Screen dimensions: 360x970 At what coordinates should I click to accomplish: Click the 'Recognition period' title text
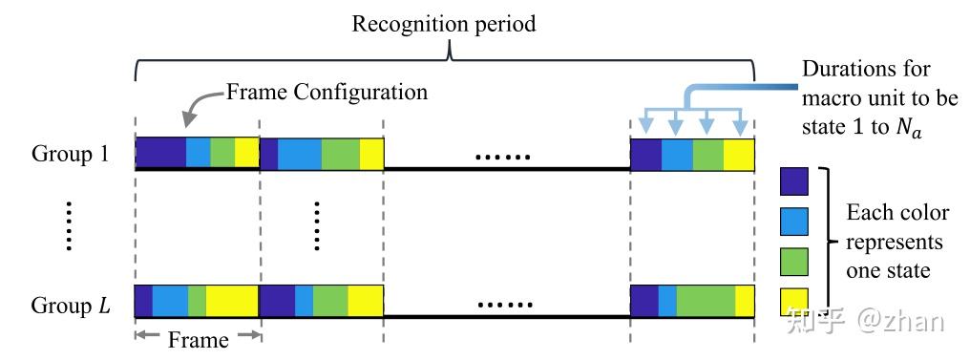tap(444, 24)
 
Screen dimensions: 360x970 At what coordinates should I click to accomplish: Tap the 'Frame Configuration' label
tap(327, 93)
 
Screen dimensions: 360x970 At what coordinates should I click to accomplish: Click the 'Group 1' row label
tap(72, 153)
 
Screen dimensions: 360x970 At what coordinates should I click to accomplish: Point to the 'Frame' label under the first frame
tap(198, 339)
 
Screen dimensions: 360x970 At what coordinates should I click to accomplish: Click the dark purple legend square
tap(794, 180)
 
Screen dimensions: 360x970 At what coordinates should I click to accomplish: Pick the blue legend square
tap(794, 221)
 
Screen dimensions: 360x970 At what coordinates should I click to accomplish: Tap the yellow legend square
tap(794, 299)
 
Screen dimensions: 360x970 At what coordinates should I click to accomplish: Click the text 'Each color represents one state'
tap(897, 242)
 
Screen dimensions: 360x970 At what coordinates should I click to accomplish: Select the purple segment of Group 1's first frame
tap(160, 153)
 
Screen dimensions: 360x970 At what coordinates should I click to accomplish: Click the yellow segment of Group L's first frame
tap(232, 301)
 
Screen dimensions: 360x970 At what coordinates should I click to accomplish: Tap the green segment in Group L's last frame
tap(706, 301)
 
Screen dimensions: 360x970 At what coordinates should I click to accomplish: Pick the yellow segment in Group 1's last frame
tap(739, 153)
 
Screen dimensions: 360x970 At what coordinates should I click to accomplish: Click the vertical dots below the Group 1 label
tap(70, 226)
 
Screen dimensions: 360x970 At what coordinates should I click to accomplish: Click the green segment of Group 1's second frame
tap(340, 153)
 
